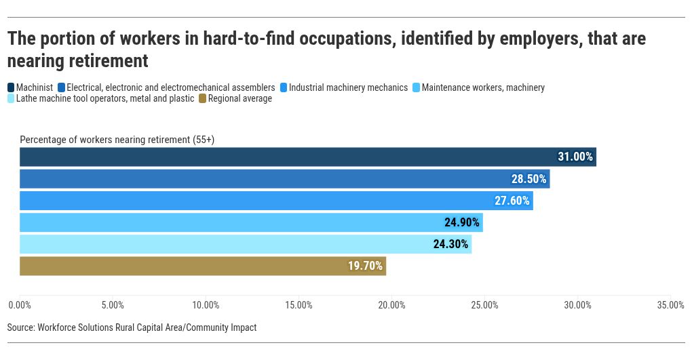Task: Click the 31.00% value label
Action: [575, 157]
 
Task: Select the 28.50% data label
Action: [528, 179]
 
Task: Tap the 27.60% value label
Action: [512, 201]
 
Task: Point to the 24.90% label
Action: [462, 222]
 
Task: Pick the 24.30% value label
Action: [450, 244]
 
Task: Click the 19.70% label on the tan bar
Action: [366, 266]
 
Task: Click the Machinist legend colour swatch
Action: [11, 87]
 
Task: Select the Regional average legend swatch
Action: [202, 99]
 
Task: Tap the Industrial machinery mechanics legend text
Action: [348, 87]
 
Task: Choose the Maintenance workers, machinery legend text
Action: [483, 87]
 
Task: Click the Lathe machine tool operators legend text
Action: [104, 99]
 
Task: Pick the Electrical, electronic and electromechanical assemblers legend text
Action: [170, 87]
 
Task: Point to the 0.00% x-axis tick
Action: [19, 305]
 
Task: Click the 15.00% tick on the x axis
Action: [299, 305]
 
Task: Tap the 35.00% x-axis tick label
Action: [671, 305]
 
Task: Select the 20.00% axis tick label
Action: [391, 305]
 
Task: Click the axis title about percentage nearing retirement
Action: [117, 140]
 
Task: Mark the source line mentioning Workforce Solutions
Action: [132, 327]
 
